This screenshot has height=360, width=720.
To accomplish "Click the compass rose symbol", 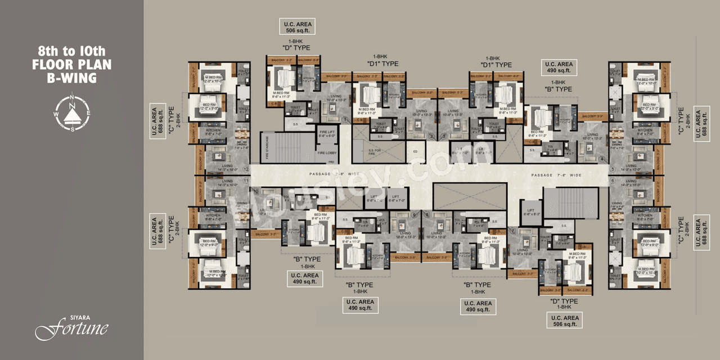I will coord(71,114).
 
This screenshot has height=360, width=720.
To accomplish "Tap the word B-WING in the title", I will coord(71,78).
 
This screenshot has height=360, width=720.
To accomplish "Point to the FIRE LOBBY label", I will coord(326,152).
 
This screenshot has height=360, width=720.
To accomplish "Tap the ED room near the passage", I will coord(415,152).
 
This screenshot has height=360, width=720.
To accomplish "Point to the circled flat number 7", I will coord(513,231).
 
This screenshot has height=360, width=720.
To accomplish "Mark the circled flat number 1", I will coord(344,120).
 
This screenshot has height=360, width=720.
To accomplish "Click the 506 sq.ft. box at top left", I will coord(297,27).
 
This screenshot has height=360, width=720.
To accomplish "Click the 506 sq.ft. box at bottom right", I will coord(564,321).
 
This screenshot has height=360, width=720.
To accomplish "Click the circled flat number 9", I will coord(414,214).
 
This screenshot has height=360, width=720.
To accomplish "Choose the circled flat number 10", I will coord(256,192).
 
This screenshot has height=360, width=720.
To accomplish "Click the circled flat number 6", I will coord(612,181).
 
